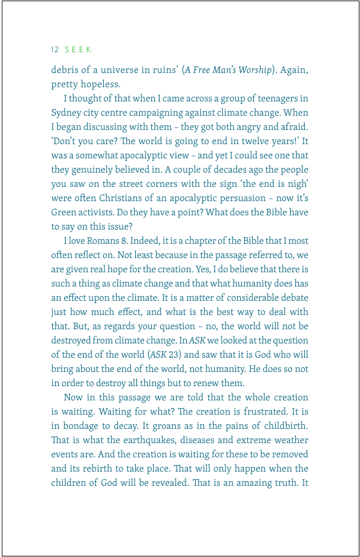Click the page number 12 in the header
coord(55,49)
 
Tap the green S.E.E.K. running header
coord(79,49)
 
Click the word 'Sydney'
coord(65,113)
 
